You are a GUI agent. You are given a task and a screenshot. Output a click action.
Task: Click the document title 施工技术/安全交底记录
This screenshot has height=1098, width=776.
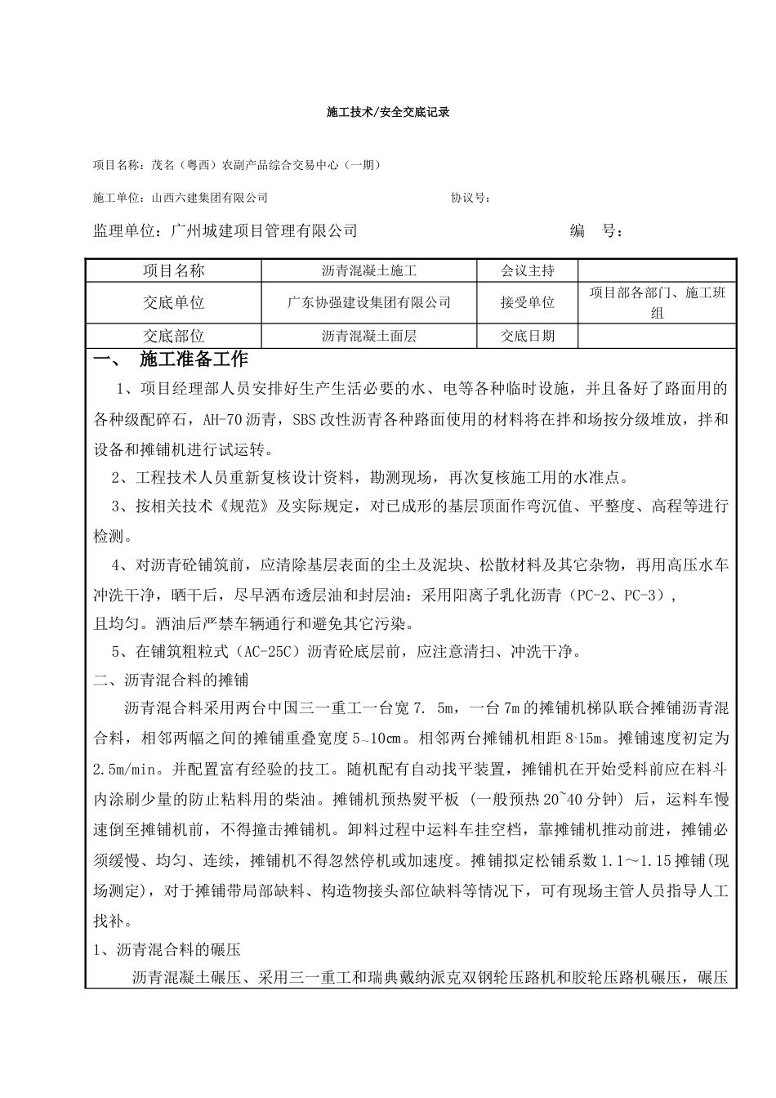click(388, 112)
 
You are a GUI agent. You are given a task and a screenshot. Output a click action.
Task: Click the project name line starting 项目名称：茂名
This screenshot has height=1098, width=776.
click(237, 165)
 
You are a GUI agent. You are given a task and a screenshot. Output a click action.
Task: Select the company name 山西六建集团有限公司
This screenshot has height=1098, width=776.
click(210, 198)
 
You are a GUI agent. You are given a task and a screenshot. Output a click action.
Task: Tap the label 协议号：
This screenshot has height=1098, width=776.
click(471, 198)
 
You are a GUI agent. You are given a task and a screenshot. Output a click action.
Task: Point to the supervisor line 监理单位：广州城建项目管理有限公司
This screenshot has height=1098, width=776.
click(225, 231)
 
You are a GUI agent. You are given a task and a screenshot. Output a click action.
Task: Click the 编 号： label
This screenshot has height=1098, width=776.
click(596, 231)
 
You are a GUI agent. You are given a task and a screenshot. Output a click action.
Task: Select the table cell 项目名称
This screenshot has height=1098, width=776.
click(174, 270)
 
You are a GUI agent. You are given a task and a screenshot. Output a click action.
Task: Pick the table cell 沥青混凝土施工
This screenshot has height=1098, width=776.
click(369, 270)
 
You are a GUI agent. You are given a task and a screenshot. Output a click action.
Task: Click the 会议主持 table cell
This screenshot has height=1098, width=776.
click(528, 270)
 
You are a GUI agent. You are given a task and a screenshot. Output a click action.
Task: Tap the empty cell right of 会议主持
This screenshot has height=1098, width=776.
click(657, 270)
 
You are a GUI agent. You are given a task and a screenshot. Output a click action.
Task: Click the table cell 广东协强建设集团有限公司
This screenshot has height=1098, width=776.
click(369, 302)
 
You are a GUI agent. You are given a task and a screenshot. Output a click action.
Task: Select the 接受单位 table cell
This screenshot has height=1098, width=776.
click(528, 302)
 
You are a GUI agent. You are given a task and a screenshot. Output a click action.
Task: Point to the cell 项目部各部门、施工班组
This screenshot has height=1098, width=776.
click(657, 302)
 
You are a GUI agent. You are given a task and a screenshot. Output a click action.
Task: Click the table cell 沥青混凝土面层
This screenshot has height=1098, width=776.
click(369, 335)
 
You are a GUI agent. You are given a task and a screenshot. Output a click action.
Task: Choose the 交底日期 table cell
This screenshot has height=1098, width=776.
click(528, 335)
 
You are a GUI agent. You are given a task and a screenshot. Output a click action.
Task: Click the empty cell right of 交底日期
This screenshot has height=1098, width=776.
click(657, 335)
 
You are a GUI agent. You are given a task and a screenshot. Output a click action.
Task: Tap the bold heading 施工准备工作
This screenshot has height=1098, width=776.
click(194, 359)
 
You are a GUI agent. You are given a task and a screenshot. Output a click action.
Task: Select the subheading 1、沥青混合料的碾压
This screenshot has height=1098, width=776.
click(167, 950)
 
